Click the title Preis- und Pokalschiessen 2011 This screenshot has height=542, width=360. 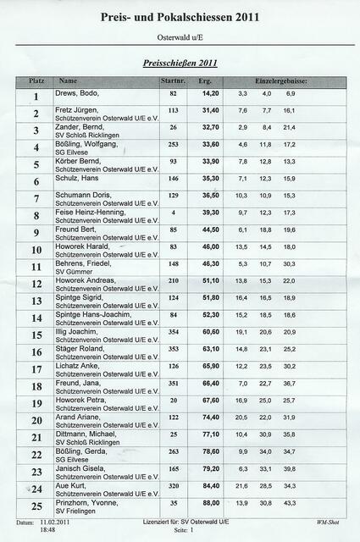coord(180,16)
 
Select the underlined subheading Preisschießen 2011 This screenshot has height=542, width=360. coord(180,63)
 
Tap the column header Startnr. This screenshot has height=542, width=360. coord(172,80)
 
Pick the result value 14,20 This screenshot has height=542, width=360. coord(209,93)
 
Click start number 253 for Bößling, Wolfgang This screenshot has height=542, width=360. coord(173,144)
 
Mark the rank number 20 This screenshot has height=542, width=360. coord(36,421)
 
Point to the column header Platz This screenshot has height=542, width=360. coord(36,80)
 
